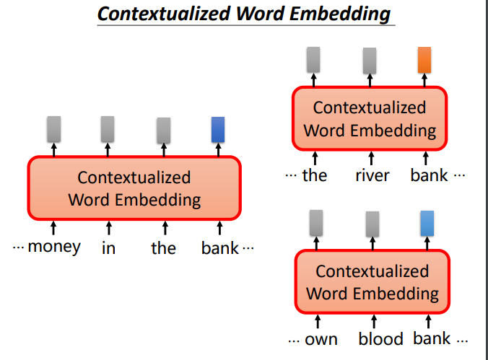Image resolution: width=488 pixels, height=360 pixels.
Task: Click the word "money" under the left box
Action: click(54, 247)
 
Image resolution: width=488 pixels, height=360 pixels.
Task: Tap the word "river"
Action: click(372, 176)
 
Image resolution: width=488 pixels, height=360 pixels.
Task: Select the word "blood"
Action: click(380, 338)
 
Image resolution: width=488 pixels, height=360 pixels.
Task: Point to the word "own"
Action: click(321, 340)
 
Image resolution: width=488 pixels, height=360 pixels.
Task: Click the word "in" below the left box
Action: click(108, 248)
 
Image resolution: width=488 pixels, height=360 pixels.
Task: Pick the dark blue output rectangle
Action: click(218, 129)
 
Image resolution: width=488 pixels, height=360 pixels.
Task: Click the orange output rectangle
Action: click(424, 60)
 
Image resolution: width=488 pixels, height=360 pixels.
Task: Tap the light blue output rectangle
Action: click(427, 223)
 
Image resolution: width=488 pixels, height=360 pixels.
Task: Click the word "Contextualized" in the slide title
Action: click(164, 14)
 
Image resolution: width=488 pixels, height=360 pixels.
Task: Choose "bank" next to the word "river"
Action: click(430, 175)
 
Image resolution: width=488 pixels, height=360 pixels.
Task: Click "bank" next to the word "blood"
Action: click(432, 338)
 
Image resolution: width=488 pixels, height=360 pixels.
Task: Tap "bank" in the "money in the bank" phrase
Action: click(220, 248)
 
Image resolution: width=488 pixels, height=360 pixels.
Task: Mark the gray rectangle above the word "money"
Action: click(54, 129)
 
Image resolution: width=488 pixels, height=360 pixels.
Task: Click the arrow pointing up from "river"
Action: click(371, 158)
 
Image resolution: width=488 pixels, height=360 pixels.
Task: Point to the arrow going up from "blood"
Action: click(374, 322)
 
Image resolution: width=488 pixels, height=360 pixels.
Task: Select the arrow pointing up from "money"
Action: click(53, 228)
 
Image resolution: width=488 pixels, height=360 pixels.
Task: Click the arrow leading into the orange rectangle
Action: click(424, 80)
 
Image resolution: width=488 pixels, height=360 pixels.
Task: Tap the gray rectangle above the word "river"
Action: click(370, 61)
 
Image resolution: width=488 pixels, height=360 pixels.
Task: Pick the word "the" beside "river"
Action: click(315, 175)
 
